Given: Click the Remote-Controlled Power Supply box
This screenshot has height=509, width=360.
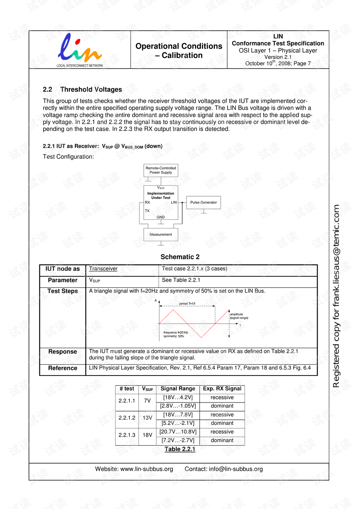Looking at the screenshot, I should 160,170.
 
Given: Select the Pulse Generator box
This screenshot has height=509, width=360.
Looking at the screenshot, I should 203,203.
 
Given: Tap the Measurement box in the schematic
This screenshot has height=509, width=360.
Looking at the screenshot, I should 160,234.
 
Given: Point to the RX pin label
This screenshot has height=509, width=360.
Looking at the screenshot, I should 147,203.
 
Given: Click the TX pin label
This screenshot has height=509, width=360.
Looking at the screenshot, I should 147,211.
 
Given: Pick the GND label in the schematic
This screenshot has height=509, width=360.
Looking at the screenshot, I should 160,217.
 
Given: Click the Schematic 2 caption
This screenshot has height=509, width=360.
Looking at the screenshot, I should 180,257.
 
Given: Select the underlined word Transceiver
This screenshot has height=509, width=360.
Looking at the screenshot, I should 103,269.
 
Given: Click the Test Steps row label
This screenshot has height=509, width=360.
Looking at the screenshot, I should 63,291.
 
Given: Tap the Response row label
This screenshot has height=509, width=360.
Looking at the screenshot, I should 63,352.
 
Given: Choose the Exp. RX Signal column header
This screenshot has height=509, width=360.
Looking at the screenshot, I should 222,389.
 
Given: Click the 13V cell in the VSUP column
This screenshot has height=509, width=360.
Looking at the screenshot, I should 147,418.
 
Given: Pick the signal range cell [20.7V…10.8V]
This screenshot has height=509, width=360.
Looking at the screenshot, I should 178,432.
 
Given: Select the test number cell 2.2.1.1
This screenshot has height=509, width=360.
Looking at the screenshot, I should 127,401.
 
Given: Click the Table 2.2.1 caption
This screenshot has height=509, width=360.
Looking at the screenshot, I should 180,449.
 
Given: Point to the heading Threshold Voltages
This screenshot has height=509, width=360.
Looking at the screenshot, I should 91,90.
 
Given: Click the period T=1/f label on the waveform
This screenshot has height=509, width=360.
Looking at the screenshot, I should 187,304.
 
